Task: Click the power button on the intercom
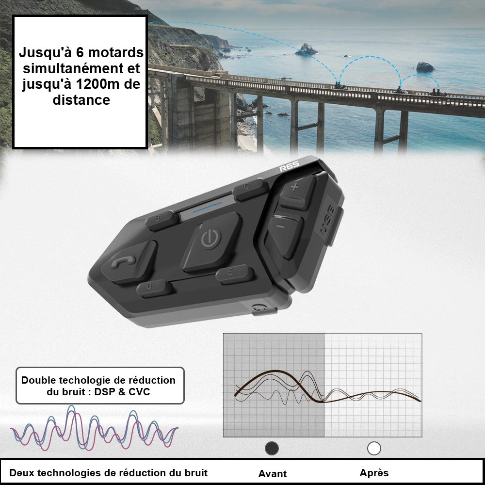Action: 211,241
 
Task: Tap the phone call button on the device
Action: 129,261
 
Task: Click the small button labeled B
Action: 162,220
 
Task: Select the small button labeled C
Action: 250,189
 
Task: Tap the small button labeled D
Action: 154,288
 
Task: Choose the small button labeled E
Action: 234,274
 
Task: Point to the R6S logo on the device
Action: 289,166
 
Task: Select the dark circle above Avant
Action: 272,448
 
